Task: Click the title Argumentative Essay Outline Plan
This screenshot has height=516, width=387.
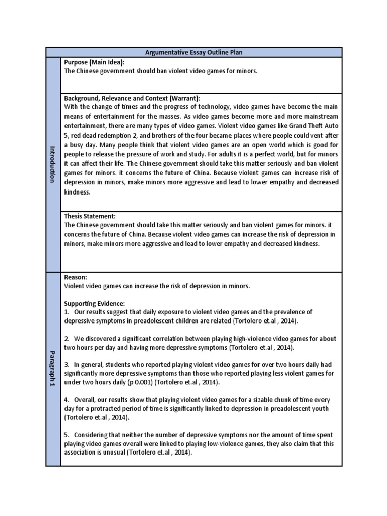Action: coord(194,52)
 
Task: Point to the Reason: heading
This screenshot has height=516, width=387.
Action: coord(76,277)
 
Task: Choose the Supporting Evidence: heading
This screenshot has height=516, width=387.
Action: coord(94,303)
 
